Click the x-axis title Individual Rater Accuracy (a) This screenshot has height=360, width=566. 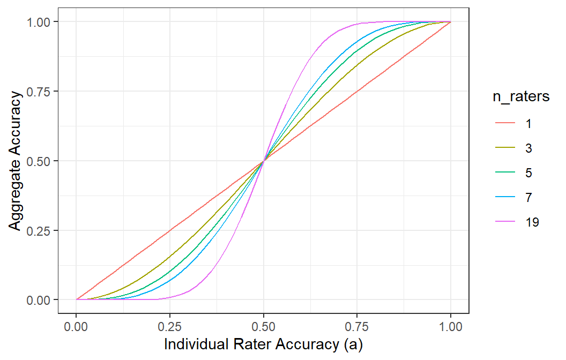coord(263,344)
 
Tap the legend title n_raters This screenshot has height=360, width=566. coord(521,97)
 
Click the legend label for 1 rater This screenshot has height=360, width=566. coord(528,124)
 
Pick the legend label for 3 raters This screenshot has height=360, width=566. coord(528,148)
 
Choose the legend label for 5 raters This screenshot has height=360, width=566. coord(528,173)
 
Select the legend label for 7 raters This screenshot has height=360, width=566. coord(528,198)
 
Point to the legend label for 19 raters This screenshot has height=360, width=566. coord(532,222)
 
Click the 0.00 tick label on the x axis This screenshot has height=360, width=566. coord(76,326)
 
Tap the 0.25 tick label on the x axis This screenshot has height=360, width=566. coord(170,326)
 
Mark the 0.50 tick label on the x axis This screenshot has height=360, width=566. coord(263,326)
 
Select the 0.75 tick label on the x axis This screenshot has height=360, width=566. coord(357,326)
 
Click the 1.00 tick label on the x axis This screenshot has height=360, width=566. coord(450,326)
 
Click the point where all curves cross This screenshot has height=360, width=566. coord(263,161)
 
